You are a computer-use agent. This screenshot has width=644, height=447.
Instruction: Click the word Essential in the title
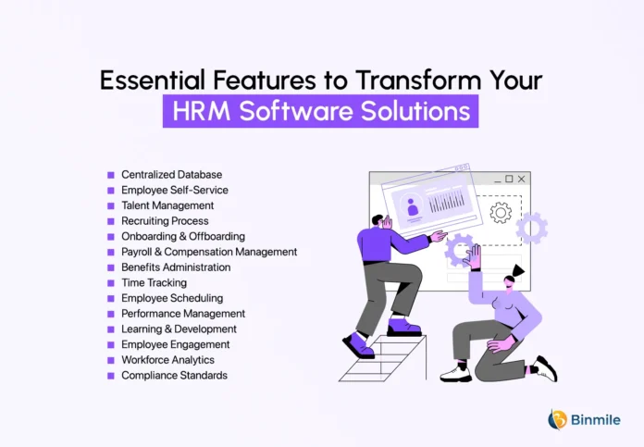click(x=153, y=80)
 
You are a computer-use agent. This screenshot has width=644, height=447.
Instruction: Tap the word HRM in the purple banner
click(x=202, y=111)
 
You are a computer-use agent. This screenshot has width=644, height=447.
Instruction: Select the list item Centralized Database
click(x=172, y=175)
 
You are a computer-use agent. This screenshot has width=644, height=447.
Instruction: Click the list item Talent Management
click(x=167, y=205)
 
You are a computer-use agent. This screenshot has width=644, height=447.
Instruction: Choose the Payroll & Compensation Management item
click(x=209, y=252)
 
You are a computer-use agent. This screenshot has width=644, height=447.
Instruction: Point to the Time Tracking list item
click(x=154, y=282)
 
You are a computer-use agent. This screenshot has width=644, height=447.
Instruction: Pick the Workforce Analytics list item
click(x=168, y=360)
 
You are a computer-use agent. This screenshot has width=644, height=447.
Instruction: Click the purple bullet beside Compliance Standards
click(x=111, y=376)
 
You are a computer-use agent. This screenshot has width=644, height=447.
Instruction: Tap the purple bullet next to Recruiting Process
click(x=111, y=221)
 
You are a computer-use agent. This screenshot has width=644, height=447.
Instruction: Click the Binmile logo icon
click(x=557, y=419)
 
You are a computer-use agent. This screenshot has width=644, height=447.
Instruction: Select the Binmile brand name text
click(x=596, y=420)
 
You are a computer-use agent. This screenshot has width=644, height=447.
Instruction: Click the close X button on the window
click(x=521, y=179)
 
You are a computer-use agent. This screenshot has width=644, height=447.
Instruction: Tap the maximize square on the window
click(x=509, y=179)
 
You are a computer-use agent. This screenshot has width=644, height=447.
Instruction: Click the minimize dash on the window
click(x=498, y=181)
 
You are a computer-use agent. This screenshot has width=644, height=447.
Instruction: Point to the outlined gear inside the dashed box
click(x=501, y=213)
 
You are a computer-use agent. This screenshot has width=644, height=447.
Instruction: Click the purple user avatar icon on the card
click(x=413, y=206)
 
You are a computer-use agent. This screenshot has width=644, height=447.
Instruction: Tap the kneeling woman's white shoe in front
click(x=455, y=374)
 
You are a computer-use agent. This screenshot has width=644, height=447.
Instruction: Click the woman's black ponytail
click(x=518, y=271)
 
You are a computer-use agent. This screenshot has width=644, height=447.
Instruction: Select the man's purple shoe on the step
click(x=404, y=328)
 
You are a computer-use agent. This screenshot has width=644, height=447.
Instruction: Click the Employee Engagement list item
click(x=176, y=344)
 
